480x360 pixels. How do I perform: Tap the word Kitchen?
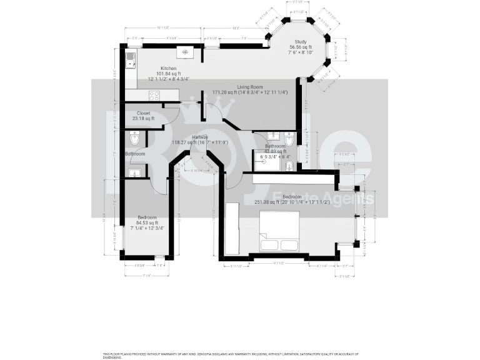(168, 68)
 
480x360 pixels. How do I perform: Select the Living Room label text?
(249, 87)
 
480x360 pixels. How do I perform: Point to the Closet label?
(144, 113)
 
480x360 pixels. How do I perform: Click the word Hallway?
(200, 137)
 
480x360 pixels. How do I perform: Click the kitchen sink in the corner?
(131, 59)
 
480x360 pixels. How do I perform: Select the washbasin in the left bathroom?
(134, 172)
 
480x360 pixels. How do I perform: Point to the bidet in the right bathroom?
(289, 138)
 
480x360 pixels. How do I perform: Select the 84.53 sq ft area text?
(147, 222)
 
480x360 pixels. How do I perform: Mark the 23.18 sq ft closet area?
(144, 119)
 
